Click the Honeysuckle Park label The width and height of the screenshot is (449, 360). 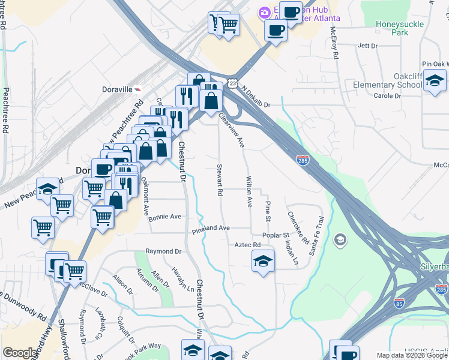pyautogui.click(x=408, y=28)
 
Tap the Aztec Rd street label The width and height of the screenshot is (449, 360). pyautogui.click(x=248, y=245)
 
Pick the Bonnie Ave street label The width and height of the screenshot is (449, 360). pyautogui.click(x=164, y=217)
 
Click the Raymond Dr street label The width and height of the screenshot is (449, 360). pyautogui.click(x=163, y=251)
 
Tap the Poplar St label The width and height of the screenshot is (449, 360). pyautogui.click(x=277, y=235)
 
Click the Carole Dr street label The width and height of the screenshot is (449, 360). pyautogui.click(x=387, y=96)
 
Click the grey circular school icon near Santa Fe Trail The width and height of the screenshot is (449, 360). pyautogui.click(x=340, y=240)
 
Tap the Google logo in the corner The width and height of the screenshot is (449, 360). pyautogui.click(x=20, y=353)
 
